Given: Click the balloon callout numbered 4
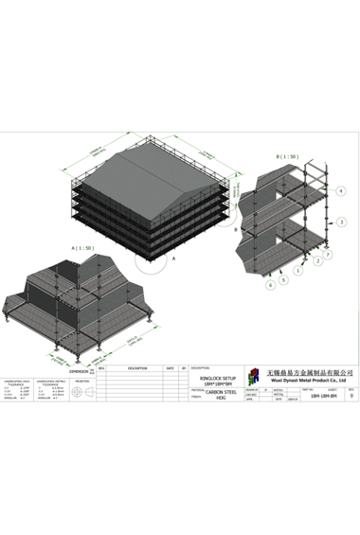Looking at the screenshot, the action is (x=342, y=191).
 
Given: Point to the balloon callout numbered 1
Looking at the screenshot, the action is (x=297, y=271).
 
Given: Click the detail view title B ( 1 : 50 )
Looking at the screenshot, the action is (x=286, y=156).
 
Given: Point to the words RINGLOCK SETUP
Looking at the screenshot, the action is (x=215, y=376).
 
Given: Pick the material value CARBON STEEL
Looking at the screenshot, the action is (x=221, y=389).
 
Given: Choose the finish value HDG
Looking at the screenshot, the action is (x=221, y=398).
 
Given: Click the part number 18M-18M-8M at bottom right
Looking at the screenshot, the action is (x=325, y=397).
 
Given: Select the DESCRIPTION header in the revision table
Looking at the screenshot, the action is (x=136, y=368).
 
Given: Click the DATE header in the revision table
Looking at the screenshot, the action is (x=170, y=368).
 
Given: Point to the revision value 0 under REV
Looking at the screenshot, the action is (x=351, y=397).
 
